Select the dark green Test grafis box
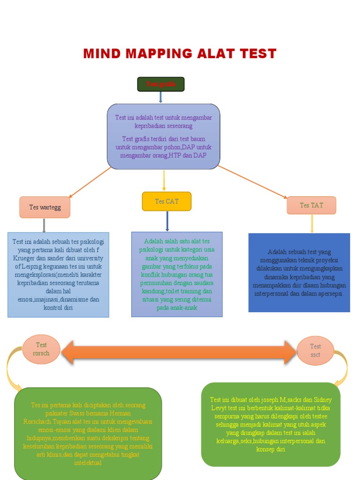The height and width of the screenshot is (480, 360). (160, 84)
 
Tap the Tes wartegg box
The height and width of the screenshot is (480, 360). (45, 207)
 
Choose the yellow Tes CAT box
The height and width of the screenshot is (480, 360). (166, 202)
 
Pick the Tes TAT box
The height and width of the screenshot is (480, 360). (311, 205)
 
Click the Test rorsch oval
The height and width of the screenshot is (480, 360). (41, 349)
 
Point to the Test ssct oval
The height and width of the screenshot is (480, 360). (315, 350)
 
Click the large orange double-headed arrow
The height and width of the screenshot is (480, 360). (178, 352)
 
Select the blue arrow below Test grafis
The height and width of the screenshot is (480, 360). (161, 97)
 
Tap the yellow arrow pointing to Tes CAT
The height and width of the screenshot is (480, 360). (164, 180)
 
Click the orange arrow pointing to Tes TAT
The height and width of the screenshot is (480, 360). (253, 181)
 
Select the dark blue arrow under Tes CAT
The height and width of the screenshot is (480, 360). (167, 221)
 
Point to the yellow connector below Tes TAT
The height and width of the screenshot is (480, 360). (312, 224)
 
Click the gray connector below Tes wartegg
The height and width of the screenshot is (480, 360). (44, 225)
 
